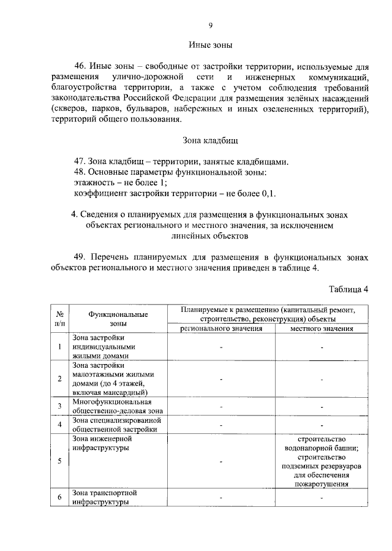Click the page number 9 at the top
[x=211, y=25]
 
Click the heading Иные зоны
[x=210, y=45]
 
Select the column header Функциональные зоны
[x=118, y=319]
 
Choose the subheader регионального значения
[x=221, y=329]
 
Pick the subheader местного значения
[x=321, y=329]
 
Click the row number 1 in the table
[x=59, y=348]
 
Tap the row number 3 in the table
[x=59, y=406]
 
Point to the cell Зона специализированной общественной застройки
[x=116, y=424]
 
